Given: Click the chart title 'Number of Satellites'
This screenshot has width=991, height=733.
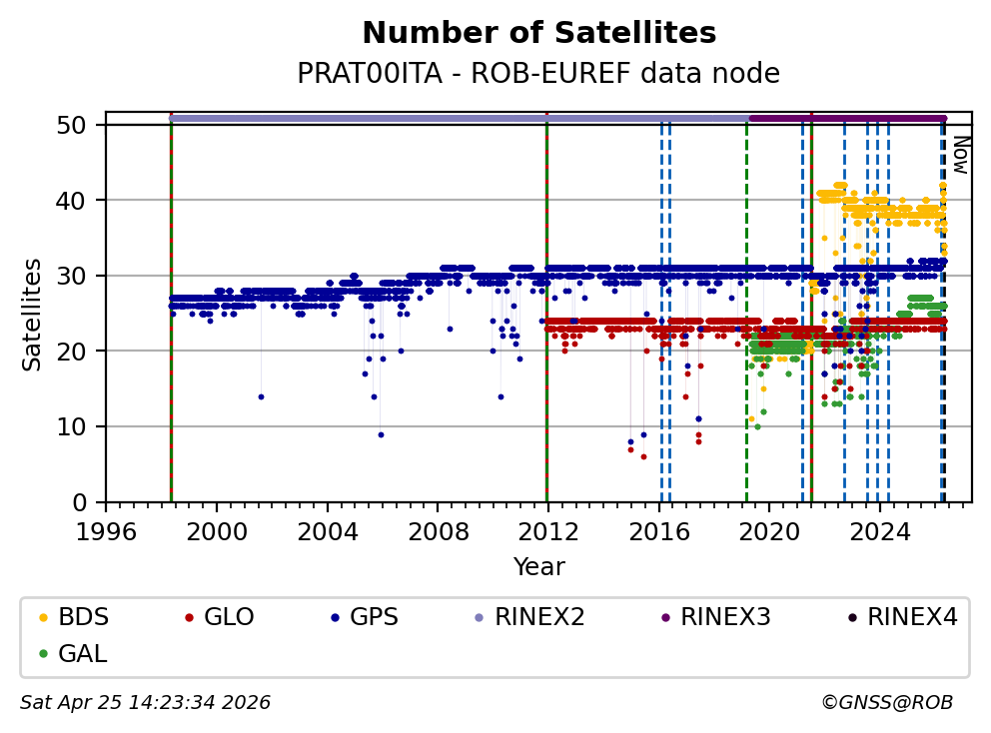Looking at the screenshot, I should (x=538, y=33).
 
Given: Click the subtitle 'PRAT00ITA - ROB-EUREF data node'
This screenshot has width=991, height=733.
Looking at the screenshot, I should (x=538, y=74).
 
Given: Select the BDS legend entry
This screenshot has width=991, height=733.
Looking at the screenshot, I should (x=84, y=617).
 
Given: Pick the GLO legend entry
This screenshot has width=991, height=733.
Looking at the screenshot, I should (x=228, y=617).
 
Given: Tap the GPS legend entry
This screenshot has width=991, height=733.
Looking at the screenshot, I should (x=372, y=617).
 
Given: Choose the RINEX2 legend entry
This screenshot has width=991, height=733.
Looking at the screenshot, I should (x=540, y=617).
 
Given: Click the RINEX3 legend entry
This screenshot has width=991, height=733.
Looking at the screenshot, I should (x=725, y=617).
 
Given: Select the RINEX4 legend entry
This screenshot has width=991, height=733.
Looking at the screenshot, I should (x=912, y=617).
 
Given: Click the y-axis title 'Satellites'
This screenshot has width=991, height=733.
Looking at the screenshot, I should (x=32, y=314).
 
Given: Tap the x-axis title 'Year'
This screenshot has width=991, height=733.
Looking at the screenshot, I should (x=538, y=567).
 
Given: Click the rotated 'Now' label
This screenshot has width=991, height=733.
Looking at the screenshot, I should (x=960, y=155).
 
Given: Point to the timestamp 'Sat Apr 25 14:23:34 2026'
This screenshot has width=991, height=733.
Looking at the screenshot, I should (x=145, y=703).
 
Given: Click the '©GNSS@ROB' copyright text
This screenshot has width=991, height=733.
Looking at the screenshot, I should (x=887, y=703).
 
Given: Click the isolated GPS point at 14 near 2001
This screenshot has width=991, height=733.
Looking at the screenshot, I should (x=261, y=396).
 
